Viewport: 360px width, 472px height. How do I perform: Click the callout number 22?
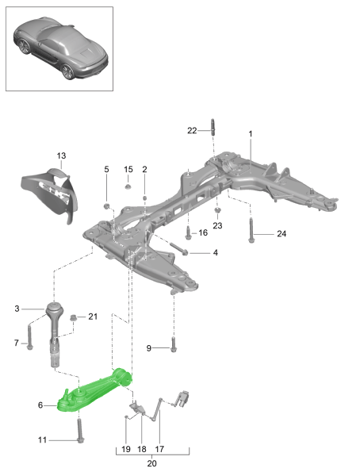coord(192,130)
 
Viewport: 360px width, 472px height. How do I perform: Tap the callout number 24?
coord(281,233)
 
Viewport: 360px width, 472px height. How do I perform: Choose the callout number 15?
coord(128,170)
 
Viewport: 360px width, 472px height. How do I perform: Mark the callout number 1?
coord(251,134)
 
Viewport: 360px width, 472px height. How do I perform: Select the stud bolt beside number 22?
coord(213,129)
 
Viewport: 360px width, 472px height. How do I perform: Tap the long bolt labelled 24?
coord(251,232)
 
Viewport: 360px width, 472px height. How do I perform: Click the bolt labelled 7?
coord(29,336)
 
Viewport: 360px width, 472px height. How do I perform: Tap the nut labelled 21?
coord(74,319)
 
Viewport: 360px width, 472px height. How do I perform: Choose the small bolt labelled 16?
coord(188,234)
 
